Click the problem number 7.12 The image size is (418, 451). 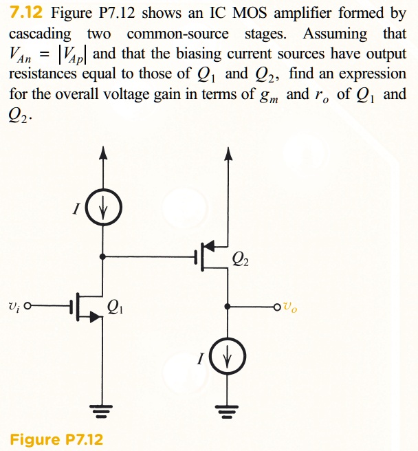27,13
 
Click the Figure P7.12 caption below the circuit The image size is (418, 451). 56,439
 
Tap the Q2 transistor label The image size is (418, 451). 241,258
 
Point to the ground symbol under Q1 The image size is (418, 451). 103,412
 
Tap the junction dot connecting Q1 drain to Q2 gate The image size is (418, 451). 103,256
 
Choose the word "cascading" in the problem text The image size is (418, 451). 40,34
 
